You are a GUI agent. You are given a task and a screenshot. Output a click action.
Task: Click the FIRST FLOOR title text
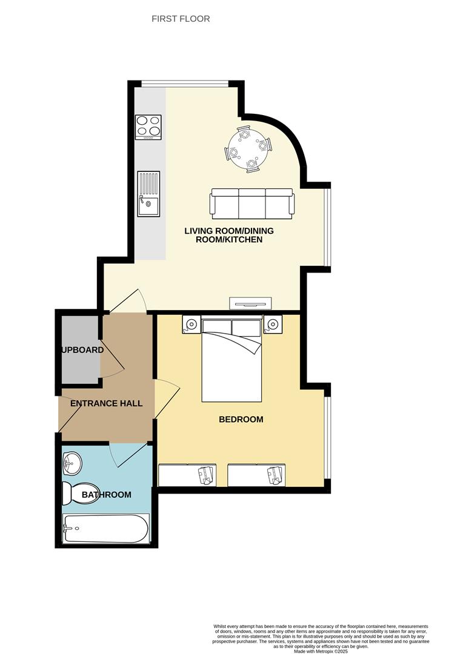click(x=181, y=19)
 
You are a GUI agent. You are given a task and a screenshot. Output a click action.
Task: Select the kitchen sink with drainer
click(x=148, y=194)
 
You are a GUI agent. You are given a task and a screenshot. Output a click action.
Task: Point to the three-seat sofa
click(x=252, y=203)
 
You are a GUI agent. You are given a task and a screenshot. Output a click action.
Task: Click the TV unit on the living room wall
click(x=250, y=303)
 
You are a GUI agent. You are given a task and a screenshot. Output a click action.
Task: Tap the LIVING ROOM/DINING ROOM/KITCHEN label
click(x=229, y=235)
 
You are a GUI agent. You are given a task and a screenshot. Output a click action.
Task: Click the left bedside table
click(x=191, y=325)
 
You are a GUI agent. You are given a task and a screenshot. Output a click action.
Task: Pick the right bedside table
click(x=273, y=325)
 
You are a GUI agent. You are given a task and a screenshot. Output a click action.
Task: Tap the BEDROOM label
click(x=241, y=419)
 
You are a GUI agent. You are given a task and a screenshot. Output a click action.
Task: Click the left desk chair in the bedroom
click(x=206, y=475)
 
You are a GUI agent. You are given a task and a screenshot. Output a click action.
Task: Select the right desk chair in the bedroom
click(x=276, y=475)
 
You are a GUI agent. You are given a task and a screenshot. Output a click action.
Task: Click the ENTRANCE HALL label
click(x=107, y=403)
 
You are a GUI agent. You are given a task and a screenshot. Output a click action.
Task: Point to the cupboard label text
click(x=82, y=350)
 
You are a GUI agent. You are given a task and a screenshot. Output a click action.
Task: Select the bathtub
click(x=106, y=529)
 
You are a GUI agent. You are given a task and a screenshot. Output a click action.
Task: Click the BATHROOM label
click(x=107, y=495)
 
